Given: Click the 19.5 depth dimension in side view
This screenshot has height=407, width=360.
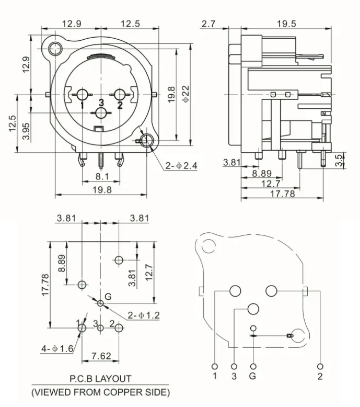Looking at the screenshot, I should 286,24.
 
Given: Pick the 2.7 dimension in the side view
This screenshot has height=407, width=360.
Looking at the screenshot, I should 208,24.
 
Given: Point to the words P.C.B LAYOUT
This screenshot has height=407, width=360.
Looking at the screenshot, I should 101,378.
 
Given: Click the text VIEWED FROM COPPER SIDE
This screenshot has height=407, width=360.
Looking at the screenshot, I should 101,391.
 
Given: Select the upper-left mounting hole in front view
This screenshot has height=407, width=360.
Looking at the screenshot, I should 53,50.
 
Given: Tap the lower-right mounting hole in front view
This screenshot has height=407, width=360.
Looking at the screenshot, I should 147,140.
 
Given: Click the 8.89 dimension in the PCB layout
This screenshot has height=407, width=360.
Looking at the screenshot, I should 62,263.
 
